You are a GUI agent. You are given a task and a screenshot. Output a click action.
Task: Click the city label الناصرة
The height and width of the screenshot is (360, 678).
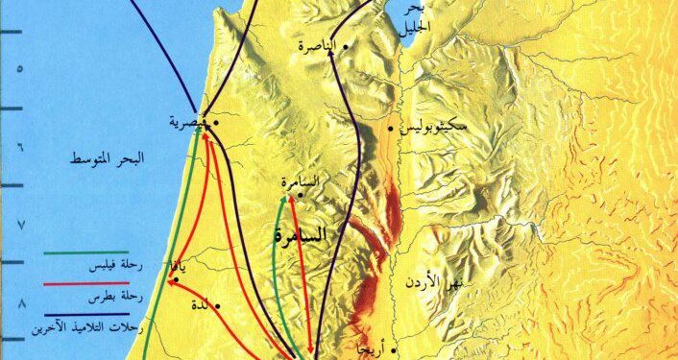pyautogui.click(x=319, y=45)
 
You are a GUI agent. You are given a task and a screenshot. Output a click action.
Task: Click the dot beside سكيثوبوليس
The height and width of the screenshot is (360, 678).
pyautogui.click(x=390, y=128)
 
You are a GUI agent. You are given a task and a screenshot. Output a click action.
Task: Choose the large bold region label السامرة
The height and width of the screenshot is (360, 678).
pyautogui.click(x=297, y=233)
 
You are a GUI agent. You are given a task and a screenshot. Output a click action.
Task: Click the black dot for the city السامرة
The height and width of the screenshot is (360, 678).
pyautogui.click(x=301, y=195)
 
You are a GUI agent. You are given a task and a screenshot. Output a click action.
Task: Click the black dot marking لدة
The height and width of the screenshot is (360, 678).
pyautogui.click(x=220, y=307)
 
